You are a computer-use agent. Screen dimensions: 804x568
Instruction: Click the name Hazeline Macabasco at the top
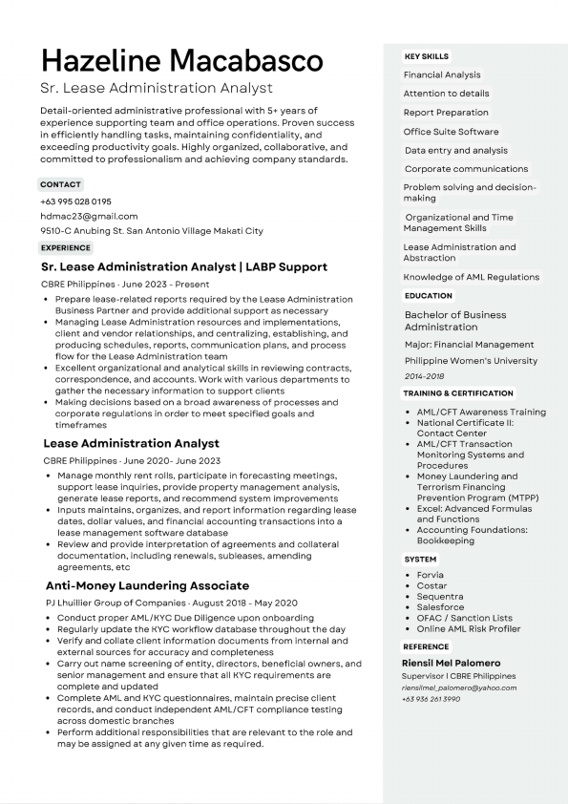[x=181, y=61]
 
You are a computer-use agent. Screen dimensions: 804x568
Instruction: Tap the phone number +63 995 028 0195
[x=76, y=201]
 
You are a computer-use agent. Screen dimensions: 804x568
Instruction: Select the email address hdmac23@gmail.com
[x=89, y=216]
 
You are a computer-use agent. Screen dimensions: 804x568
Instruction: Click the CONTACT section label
[x=60, y=183]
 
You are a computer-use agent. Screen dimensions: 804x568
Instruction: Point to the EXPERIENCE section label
[x=66, y=248]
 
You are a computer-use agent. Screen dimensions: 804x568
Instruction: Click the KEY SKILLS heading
[x=426, y=56]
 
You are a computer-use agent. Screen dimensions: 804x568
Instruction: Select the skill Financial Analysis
[x=442, y=74]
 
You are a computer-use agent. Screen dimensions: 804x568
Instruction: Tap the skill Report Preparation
[x=446, y=113]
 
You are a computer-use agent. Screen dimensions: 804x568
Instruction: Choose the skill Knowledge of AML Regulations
[x=472, y=277]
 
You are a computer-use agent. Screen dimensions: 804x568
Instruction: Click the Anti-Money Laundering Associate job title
[x=147, y=585]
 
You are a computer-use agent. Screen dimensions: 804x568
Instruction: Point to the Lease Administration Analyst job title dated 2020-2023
[x=131, y=443]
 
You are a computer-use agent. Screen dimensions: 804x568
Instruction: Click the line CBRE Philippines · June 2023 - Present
[x=125, y=285]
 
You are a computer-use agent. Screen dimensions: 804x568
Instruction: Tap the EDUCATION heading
[x=428, y=296]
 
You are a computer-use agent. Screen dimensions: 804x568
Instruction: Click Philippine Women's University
[x=471, y=361]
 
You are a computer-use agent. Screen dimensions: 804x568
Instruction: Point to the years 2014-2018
[x=425, y=376]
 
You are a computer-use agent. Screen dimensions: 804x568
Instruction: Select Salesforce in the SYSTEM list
[x=440, y=606]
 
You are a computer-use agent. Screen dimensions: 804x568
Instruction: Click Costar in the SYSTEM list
[x=432, y=585]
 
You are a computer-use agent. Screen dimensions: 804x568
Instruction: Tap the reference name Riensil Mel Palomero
[x=451, y=663]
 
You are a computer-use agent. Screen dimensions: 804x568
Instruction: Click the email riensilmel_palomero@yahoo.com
[x=458, y=688]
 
